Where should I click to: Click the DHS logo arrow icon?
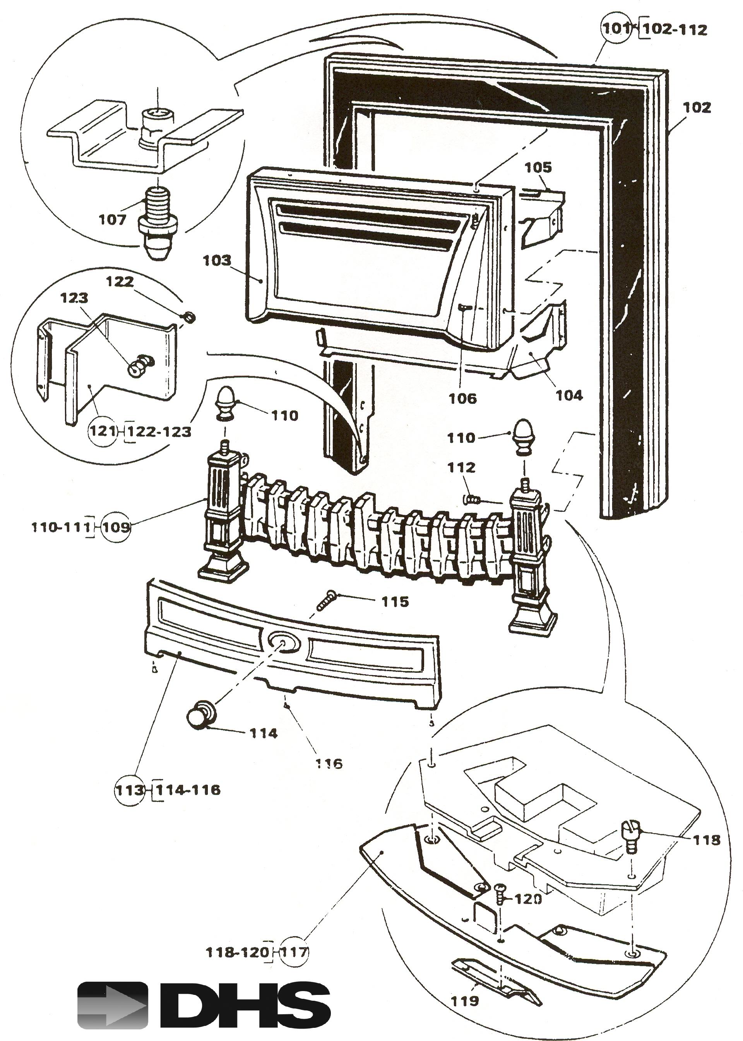[x=113, y=1005]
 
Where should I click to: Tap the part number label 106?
[x=462, y=398]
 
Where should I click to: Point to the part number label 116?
[x=329, y=763]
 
